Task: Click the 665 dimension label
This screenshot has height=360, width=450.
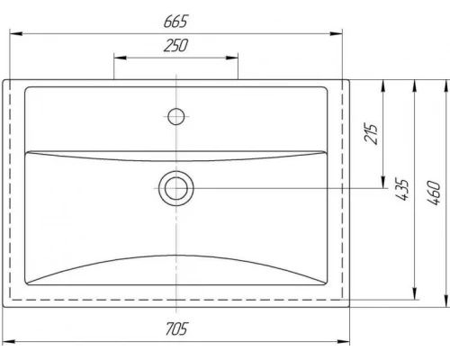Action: click(x=175, y=21)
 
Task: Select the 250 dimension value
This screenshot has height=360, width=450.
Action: click(x=175, y=45)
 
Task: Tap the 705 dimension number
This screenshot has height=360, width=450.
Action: click(x=176, y=328)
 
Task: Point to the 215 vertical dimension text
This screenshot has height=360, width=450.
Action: click(x=371, y=133)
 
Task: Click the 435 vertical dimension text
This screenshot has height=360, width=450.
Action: click(x=401, y=190)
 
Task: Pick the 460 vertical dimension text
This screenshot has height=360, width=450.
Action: click(x=433, y=193)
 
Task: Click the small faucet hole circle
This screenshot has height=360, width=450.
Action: click(x=176, y=116)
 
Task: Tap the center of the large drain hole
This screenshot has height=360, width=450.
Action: click(x=176, y=188)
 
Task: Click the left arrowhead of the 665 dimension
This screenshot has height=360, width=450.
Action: click(x=16, y=33)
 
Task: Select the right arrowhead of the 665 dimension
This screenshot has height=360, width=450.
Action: click(x=336, y=33)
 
